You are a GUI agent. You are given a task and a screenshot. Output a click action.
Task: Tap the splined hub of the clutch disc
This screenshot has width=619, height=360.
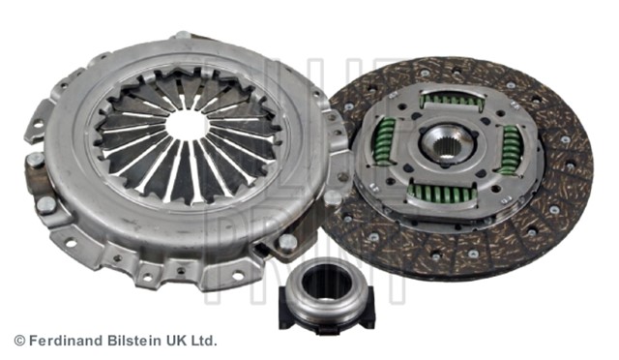[448, 143]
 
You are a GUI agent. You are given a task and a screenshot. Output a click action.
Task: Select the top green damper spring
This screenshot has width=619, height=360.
[453, 101]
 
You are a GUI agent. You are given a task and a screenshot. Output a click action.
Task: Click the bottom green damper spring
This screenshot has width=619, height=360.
[442, 194]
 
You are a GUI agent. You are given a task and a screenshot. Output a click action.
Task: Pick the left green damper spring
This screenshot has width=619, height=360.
[384, 141]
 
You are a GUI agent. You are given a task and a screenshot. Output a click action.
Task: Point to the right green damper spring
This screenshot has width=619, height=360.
[511, 150]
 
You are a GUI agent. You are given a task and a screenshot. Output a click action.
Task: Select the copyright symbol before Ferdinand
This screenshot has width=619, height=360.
[19, 341]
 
